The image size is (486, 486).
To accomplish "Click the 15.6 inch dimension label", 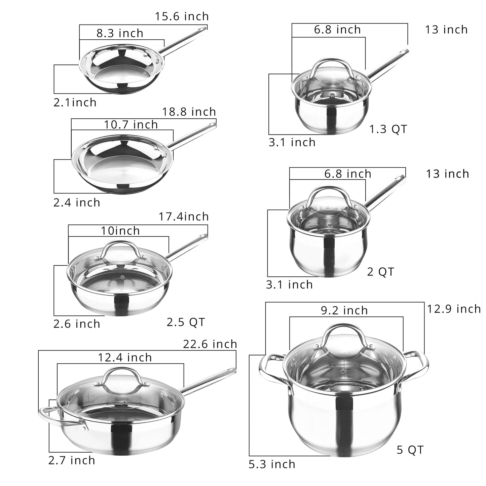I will point(182,16).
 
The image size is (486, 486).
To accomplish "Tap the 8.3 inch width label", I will point(120,33).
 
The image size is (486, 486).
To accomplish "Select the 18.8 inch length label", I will point(189,112).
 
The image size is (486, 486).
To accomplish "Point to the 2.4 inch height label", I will point(77,202).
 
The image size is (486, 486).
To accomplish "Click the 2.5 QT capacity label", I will point(186,322).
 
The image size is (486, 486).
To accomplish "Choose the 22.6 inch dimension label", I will point(210,344).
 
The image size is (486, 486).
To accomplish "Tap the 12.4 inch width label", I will point(125,357).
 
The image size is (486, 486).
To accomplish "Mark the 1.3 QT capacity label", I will point(388,129).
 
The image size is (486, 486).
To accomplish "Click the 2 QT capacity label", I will point(380,272).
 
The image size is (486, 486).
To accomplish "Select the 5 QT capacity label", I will point(410,450).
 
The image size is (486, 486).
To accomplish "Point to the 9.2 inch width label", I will point(344,310).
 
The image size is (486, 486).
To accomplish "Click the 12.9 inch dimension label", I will point(454,309).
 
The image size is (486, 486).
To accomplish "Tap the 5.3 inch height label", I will point(272,464).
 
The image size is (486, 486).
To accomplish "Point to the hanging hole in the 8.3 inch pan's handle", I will point(202,29).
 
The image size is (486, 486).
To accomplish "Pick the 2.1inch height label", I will point(75,103).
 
